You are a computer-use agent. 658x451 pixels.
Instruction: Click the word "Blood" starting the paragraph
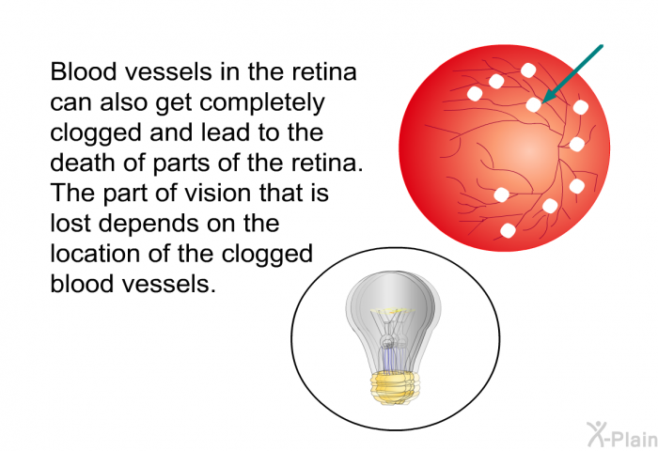[84, 71]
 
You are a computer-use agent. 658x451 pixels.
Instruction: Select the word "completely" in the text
[262, 103]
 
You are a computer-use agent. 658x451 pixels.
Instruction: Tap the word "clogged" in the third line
[97, 133]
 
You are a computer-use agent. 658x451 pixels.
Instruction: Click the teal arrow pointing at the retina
[572, 74]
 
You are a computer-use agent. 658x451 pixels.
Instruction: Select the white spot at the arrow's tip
[534, 104]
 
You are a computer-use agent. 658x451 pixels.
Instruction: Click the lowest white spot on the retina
[508, 230]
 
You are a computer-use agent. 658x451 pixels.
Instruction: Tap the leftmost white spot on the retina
[475, 94]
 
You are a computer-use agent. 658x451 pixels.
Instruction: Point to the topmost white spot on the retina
[528, 70]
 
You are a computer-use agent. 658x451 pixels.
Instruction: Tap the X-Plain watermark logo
[622, 434]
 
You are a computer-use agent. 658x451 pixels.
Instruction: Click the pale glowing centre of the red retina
[529, 150]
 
